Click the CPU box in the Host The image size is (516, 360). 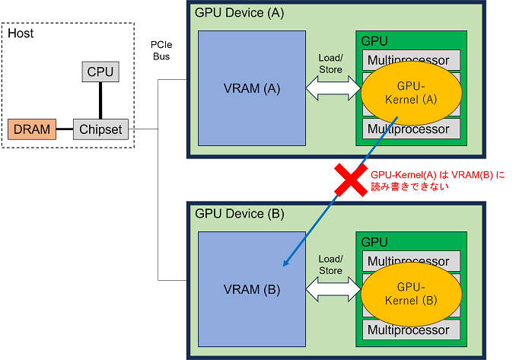100,72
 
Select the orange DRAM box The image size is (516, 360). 32,129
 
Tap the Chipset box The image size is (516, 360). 100,129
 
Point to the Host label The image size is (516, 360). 21,33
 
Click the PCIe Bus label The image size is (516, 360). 161,51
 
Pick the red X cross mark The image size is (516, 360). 351,180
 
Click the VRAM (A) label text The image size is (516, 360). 252,88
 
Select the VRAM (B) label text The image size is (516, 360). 252,289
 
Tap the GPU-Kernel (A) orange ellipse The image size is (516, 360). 411,93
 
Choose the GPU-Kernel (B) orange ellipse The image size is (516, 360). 411,295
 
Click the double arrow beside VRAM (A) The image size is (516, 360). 333,88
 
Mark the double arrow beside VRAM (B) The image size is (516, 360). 333,289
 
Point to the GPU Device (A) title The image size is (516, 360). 239,13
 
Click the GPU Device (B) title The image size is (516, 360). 239,214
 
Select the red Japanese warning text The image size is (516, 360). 438,180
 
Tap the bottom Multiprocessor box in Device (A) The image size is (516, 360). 411,129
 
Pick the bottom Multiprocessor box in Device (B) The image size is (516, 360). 411,330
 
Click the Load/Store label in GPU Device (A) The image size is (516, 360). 331,63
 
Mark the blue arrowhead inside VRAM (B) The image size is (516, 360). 286,263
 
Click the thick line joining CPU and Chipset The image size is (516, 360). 100,100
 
